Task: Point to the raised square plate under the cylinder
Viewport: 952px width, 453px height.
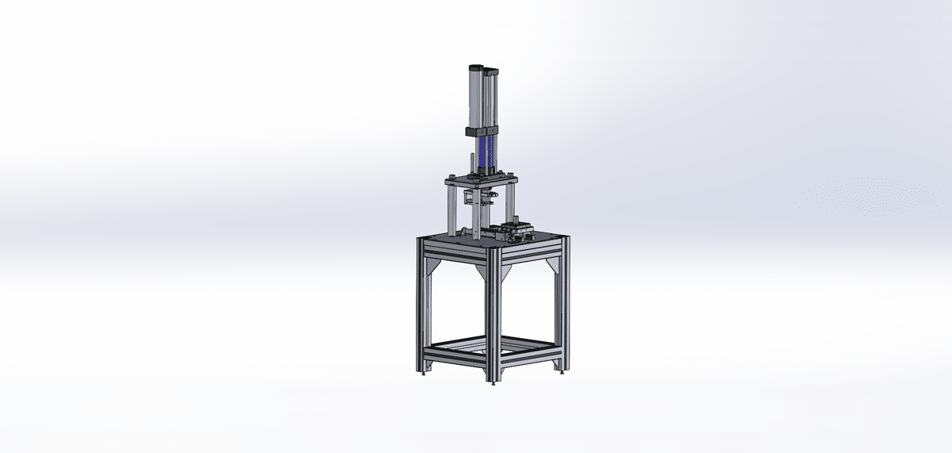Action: pos(481,182)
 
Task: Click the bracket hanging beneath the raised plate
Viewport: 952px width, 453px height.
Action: pos(482,198)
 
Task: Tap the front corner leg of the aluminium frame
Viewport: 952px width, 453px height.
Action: pos(493,317)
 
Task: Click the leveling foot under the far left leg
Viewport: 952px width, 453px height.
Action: pos(422,372)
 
